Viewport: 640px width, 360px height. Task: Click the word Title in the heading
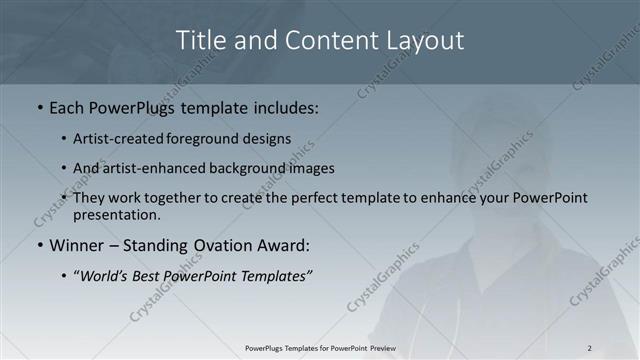coord(199,40)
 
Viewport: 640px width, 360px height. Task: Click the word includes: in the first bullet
coord(283,107)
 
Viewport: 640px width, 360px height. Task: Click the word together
coord(179,198)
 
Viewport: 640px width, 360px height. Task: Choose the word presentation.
coord(116,214)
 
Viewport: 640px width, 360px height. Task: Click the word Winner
coord(77,245)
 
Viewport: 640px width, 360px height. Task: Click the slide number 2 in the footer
coord(590,348)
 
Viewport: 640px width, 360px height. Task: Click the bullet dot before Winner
coord(40,245)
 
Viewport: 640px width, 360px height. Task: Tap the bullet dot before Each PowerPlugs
coord(40,107)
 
